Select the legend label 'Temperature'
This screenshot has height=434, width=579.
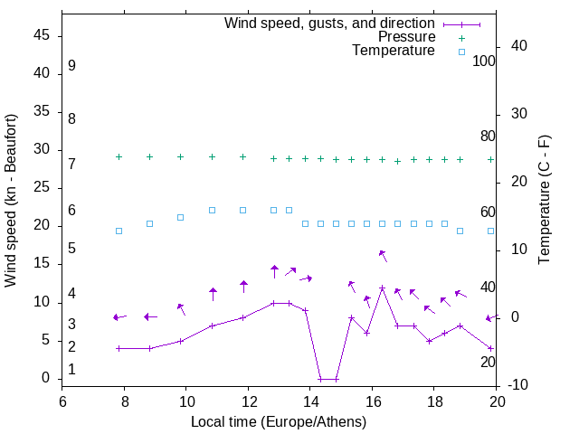394,52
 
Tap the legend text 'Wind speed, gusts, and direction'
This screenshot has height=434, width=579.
330,23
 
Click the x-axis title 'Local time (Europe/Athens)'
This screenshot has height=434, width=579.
279,422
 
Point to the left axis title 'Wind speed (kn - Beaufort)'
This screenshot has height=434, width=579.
11,201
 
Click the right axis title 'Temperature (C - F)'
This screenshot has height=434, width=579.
545,201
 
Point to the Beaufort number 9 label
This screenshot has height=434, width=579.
71,66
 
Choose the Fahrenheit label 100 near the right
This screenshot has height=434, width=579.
485,61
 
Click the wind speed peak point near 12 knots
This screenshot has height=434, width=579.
383,288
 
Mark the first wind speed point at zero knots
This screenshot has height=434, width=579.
320,379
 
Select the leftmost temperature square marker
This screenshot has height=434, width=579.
119,231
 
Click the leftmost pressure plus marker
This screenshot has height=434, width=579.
119,156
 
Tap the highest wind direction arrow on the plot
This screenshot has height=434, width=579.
383,255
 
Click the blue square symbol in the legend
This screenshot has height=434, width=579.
460,52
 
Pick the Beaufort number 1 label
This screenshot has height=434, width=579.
71,370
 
